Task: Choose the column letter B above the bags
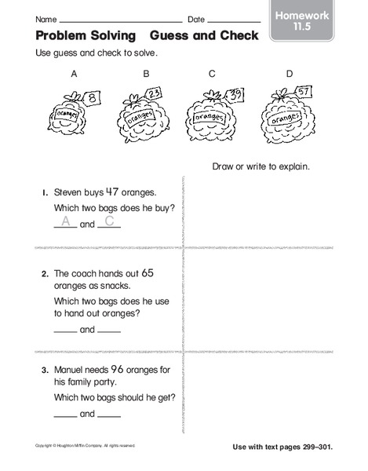coord(145,75)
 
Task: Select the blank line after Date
coord(235,20)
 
